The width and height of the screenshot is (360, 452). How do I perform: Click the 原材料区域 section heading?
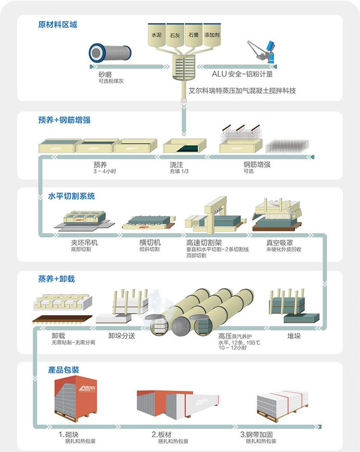click(58, 24)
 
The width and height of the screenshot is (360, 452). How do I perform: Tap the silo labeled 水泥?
click(156, 36)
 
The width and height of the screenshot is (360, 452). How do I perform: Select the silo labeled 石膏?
click(193, 36)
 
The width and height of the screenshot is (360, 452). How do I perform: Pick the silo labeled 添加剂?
click(212, 36)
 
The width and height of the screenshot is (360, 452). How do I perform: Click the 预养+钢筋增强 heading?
click(64, 120)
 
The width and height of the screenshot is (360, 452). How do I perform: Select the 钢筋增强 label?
click(257, 164)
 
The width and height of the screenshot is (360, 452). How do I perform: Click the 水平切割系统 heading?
click(72, 196)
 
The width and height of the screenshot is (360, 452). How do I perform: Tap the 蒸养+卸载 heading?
click(57, 279)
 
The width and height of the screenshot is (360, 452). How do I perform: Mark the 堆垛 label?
click(294, 336)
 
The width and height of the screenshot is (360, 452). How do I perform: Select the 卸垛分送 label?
click(121, 336)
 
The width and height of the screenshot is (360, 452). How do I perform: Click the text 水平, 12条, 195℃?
click(239, 343)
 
